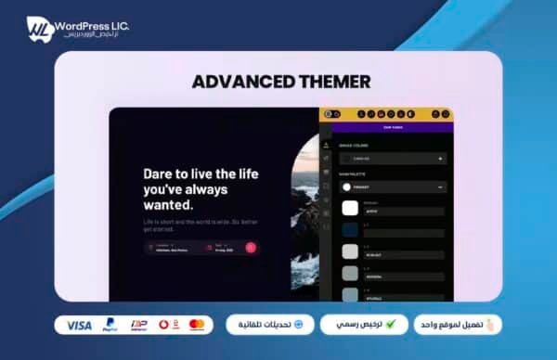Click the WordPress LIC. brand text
[94, 21]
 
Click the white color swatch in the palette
[350, 209]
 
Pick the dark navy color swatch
[350, 230]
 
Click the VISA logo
[80, 325]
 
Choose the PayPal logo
[111, 325]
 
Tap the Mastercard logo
[196, 325]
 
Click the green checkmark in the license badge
[391, 325]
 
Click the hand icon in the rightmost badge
[491, 325]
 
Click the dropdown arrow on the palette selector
[439, 186]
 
